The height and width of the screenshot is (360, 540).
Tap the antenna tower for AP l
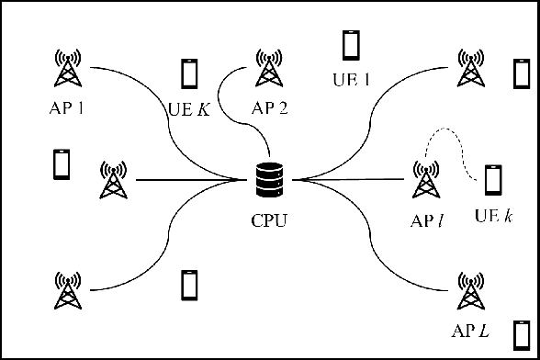(x=426, y=179)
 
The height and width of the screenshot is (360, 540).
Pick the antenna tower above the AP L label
(x=470, y=291)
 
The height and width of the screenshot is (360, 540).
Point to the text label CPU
(x=269, y=219)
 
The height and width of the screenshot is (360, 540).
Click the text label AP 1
(x=66, y=107)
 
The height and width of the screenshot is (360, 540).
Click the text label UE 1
(x=351, y=79)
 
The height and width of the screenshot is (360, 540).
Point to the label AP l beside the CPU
(x=427, y=219)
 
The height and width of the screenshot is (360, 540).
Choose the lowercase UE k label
(x=493, y=217)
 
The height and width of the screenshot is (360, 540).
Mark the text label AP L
(x=470, y=329)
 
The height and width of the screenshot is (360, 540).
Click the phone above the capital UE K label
(x=190, y=73)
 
